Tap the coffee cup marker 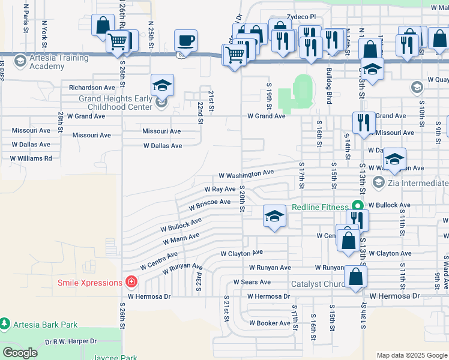pos(185,41)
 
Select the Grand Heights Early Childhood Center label pos(116,103)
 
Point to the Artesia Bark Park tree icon pos(5,325)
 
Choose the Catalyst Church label pos(317,284)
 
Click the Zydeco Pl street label pos(301,17)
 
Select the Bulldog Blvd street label pos(329,86)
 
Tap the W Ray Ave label pos(220,189)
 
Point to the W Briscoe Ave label pos(209,205)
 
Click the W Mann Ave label pos(181,239)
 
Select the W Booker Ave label pos(270,323)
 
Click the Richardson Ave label pos(92,88)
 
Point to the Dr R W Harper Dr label pos(71,341)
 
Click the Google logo pos(20,352)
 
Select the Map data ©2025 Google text pos(411,355)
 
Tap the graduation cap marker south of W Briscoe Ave pos(274,217)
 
